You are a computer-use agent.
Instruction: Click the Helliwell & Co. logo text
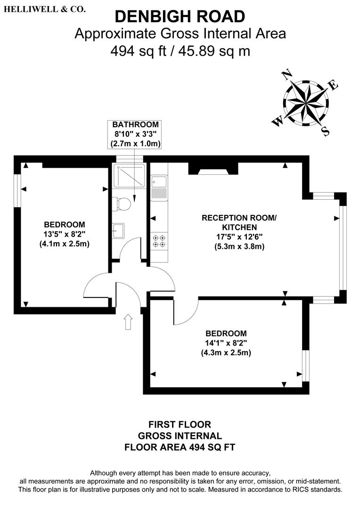(x=45, y=9)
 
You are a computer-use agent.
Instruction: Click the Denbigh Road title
(x=180, y=16)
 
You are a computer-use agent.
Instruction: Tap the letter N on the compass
(x=286, y=75)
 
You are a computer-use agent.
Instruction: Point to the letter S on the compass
(x=326, y=131)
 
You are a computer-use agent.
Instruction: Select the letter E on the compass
(x=334, y=85)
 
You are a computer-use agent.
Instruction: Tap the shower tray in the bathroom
(x=129, y=176)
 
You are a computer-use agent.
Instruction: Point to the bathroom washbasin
(x=118, y=231)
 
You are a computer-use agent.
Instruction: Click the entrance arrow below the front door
(x=128, y=322)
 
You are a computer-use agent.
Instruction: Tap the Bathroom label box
(x=134, y=134)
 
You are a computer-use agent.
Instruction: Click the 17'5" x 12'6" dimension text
(x=239, y=237)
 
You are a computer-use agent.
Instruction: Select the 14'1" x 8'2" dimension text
(x=226, y=343)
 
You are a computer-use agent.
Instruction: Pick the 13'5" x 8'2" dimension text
(x=65, y=234)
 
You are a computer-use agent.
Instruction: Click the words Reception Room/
(x=239, y=218)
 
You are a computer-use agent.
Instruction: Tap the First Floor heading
(x=180, y=425)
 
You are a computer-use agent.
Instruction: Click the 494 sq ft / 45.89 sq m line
(x=180, y=51)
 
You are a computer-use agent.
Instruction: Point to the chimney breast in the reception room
(x=213, y=168)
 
